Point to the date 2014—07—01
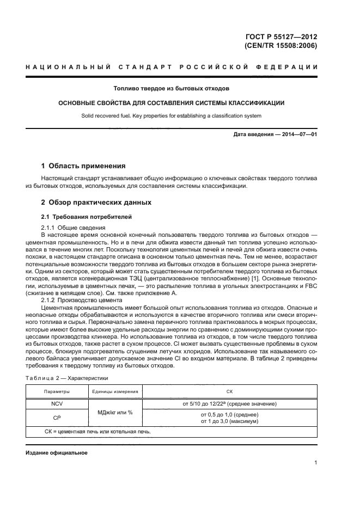point(297,134)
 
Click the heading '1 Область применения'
point(84,165)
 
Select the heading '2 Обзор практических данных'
point(96,202)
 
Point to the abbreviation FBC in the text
point(310,285)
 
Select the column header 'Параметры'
point(57,391)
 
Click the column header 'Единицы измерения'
point(115,391)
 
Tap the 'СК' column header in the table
point(229,391)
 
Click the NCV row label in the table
point(57,404)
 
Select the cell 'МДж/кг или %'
point(115,412)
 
